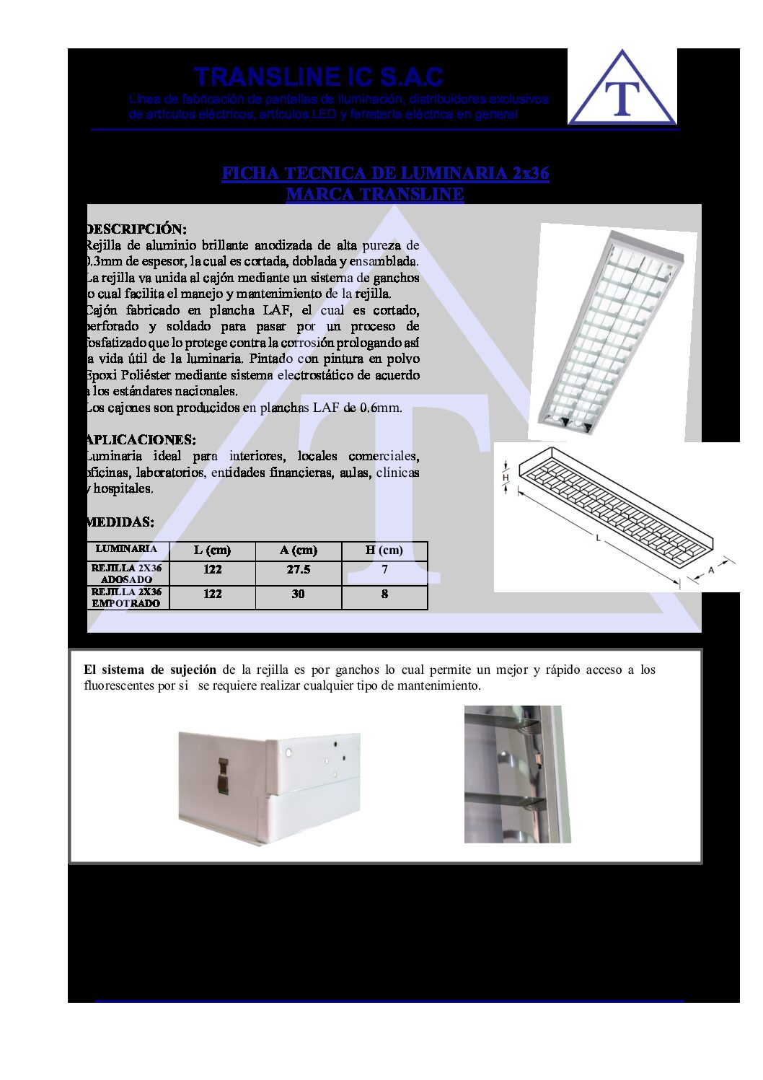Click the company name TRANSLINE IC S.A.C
[318, 76]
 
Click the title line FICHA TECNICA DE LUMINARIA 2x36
[385, 173]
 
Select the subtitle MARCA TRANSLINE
[374, 194]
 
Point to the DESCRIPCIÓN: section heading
[136, 229]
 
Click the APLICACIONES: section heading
[141, 439]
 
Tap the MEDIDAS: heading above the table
[120, 522]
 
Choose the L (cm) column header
[212, 550]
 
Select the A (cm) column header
[298, 550]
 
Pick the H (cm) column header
[384, 550]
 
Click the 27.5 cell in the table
[298, 570]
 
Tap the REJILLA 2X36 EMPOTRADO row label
[127, 597]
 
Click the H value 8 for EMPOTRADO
[384, 594]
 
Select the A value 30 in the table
[298, 594]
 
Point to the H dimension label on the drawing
[506, 478]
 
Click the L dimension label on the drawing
[598, 537]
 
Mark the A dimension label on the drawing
[711, 570]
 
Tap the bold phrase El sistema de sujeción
[150, 670]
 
